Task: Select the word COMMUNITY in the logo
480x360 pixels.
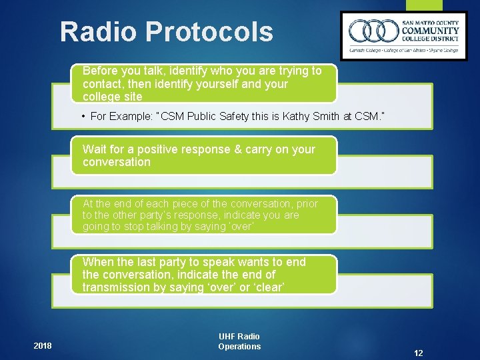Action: point(430,30)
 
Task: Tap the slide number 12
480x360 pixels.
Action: point(419,353)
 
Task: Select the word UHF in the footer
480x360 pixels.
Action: point(228,337)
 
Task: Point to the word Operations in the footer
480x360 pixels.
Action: point(239,347)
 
